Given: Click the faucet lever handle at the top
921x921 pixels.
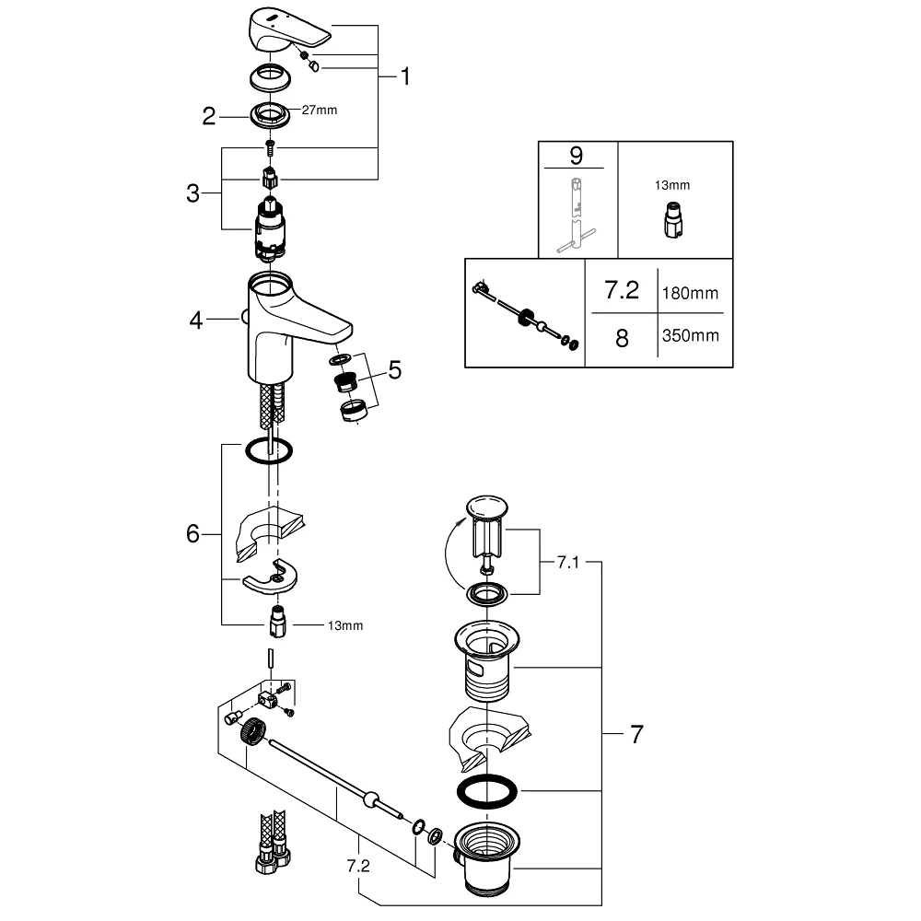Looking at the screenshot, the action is click(287, 29).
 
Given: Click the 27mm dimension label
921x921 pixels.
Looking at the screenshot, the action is click(320, 110).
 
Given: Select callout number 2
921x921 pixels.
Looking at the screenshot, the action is click(208, 116).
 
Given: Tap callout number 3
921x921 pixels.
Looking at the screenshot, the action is click(192, 193).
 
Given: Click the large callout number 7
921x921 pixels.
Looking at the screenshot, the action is click(636, 734).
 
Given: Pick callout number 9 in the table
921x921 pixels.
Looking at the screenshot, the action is click(577, 156).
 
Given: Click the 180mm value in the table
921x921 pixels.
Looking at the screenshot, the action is click(690, 293).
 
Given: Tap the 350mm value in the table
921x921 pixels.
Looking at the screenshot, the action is click(690, 335).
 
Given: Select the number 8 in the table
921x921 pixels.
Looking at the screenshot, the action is click(622, 338).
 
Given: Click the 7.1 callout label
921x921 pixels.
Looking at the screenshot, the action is click(568, 563).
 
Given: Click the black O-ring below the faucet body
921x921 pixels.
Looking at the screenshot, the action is click(268, 450).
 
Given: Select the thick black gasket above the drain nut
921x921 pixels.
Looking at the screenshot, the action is click(487, 791).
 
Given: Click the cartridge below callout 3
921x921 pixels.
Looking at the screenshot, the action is click(270, 227).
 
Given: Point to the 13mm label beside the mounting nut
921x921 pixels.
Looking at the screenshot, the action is click(345, 625).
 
